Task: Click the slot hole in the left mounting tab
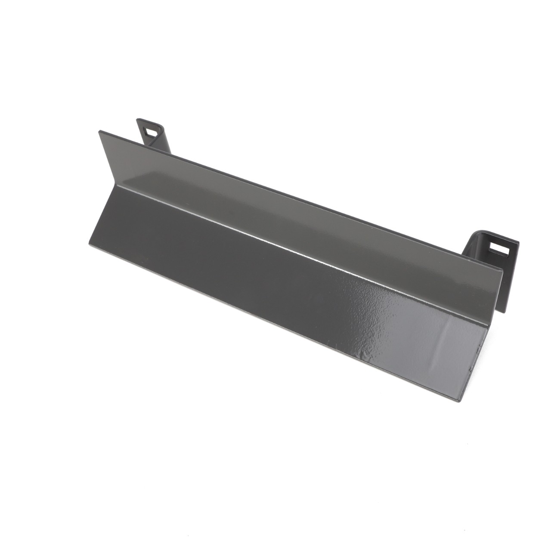[x=151, y=131]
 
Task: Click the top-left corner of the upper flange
[x=99, y=131]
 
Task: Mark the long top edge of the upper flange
[x=301, y=200]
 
